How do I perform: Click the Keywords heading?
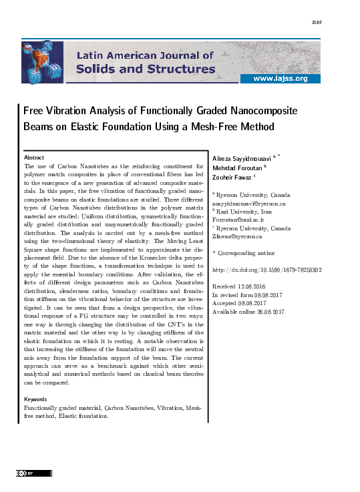click(36, 399)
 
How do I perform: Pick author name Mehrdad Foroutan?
click(236, 167)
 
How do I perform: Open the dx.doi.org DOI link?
click(266, 270)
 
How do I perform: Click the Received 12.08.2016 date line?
click(240, 286)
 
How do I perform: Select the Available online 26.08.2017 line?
click(248, 311)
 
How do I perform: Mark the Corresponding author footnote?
click(243, 253)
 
